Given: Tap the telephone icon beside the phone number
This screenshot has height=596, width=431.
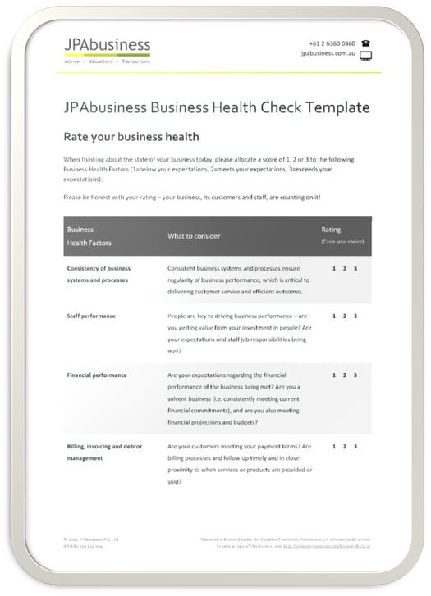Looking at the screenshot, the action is [x=365, y=43].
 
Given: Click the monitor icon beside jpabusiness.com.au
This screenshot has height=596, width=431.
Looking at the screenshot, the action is [x=365, y=56].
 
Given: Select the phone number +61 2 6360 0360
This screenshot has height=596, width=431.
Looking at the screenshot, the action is [x=332, y=43].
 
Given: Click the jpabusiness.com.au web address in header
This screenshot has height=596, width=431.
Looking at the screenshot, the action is [x=328, y=55].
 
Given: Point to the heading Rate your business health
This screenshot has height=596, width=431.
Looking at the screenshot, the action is [x=131, y=137].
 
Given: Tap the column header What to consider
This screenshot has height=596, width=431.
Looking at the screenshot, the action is [x=194, y=236].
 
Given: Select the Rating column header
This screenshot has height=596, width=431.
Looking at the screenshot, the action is [x=331, y=230].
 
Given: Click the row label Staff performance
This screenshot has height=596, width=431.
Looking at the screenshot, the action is [x=91, y=316].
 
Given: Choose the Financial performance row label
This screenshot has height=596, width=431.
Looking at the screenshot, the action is [x=97, y=375].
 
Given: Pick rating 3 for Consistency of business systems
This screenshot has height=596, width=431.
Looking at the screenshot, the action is [x=355, y=268].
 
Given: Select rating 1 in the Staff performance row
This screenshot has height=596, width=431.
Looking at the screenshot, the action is [x=334, y=316].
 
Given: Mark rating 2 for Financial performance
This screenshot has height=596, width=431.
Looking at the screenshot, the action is [x=345, y=375].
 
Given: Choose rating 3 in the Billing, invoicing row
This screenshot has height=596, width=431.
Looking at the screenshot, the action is [x=355, y=447].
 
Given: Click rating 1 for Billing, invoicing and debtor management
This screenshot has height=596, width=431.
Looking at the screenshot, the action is [x=334, y=447].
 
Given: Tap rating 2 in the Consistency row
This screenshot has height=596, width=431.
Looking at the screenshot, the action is [x=345, y=268].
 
